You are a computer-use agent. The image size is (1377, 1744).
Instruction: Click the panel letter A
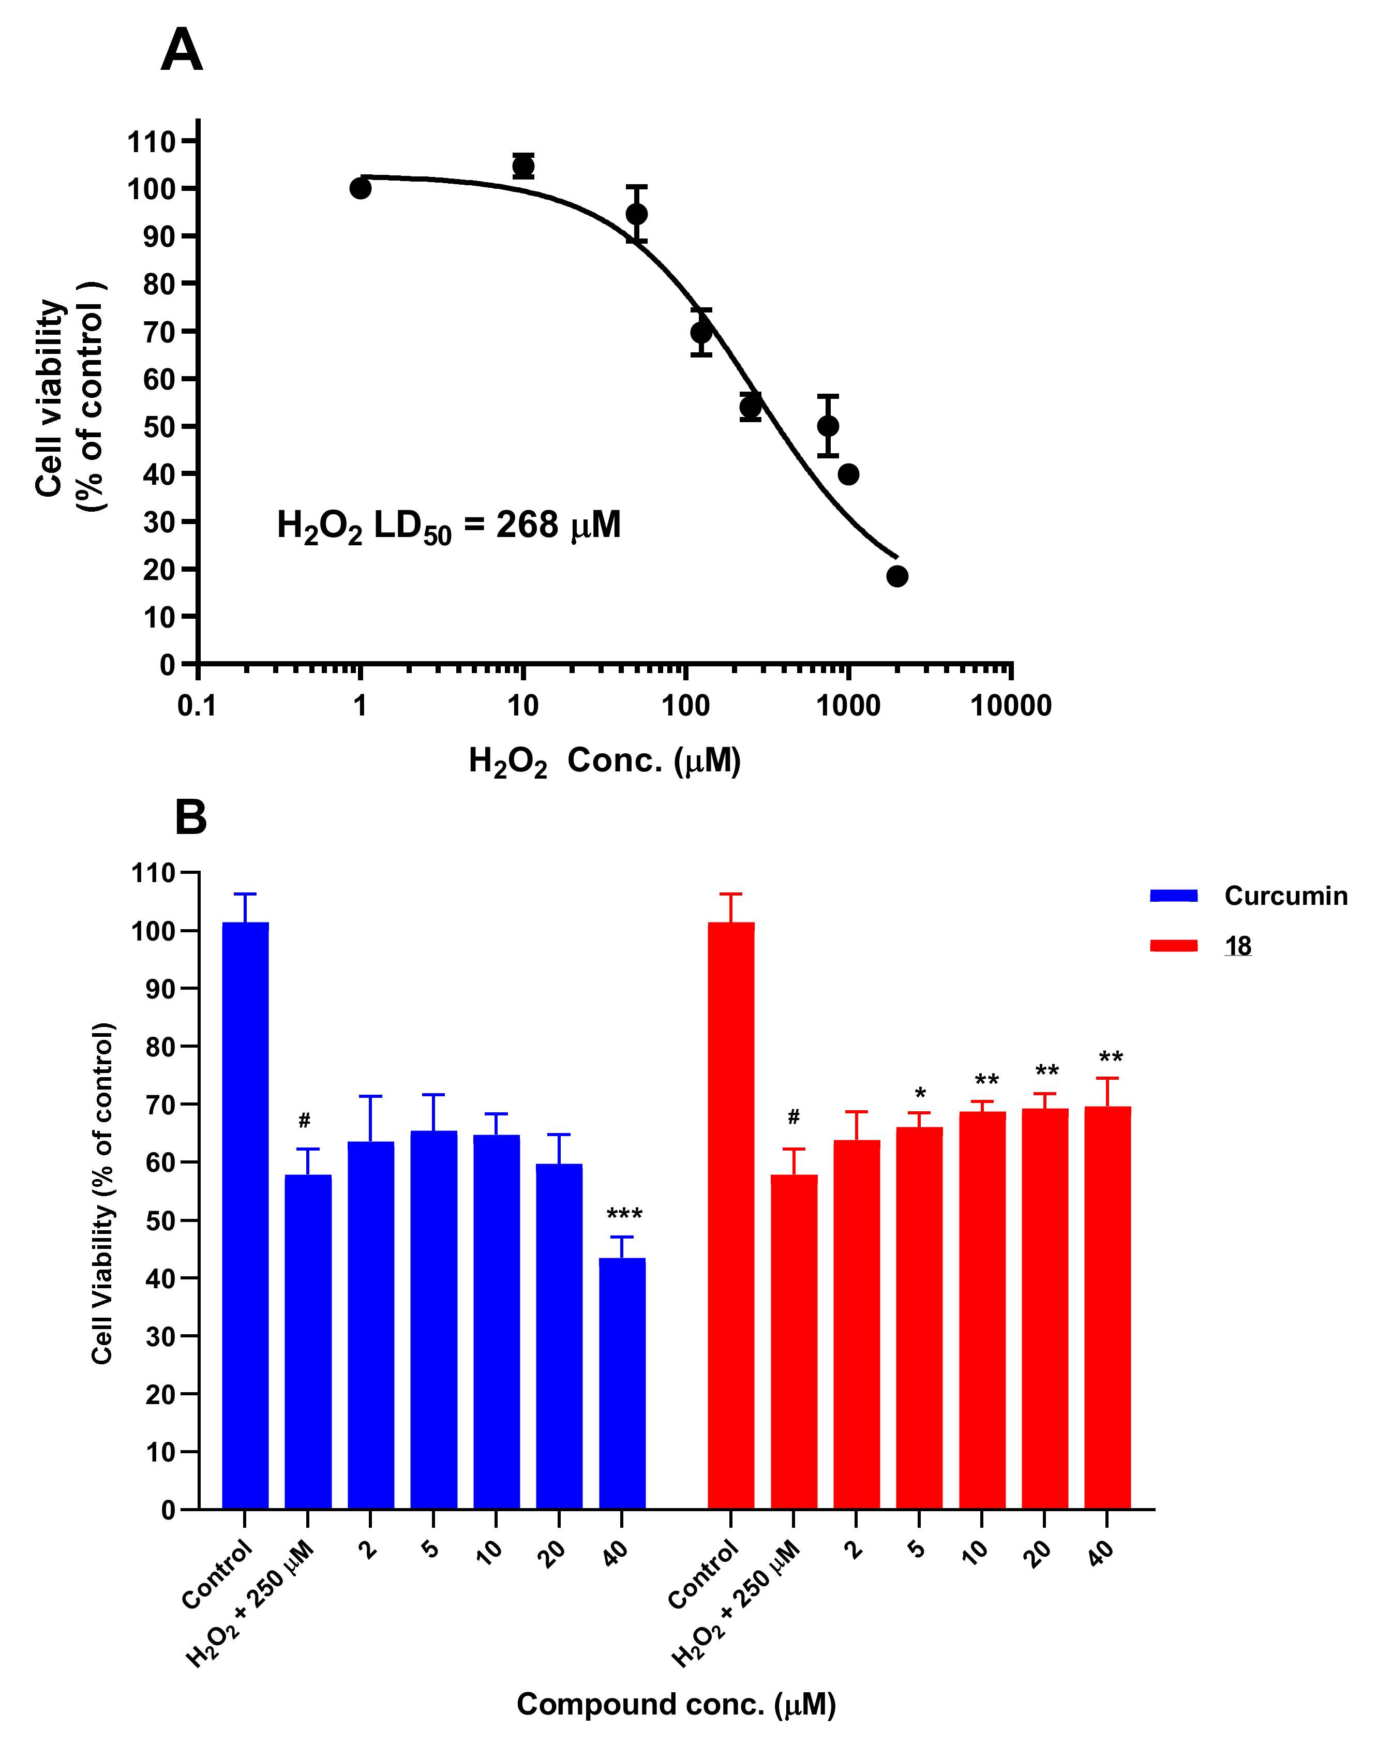click(x=182, y=50)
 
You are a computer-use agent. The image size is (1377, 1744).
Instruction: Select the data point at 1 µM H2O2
click(x=361, y=189)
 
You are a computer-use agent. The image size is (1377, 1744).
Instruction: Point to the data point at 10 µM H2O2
click(x=523, y=166)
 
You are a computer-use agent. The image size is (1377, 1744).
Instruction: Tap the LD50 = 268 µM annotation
click(x=448, y=526)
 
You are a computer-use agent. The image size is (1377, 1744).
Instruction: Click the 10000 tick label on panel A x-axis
click(x=1010, y=706)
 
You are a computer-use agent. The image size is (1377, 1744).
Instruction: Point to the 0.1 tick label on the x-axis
click(x=198, y=706)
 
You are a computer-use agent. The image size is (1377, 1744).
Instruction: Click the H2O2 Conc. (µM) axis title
click(x=605, y=761)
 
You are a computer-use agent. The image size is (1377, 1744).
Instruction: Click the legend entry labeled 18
click(x=1237, y=946)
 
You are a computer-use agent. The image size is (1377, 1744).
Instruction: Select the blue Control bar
click(x=245, y=1210)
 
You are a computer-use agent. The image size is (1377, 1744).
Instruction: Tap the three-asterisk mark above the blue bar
click(x=623, y=1214)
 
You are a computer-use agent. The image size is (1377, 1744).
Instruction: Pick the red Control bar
click(x=730, y=1210)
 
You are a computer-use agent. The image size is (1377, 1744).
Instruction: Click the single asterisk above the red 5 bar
click(x=920, y=1093)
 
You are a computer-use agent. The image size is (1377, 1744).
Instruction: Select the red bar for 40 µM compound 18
click(x=1107, y=1306)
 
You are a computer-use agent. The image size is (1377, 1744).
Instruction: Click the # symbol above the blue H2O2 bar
click(x=304, y=1120)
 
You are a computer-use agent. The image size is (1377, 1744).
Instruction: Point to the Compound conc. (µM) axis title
click(x=676, y=1704)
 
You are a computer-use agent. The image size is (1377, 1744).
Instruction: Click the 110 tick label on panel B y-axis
click(x=153, y=872)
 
